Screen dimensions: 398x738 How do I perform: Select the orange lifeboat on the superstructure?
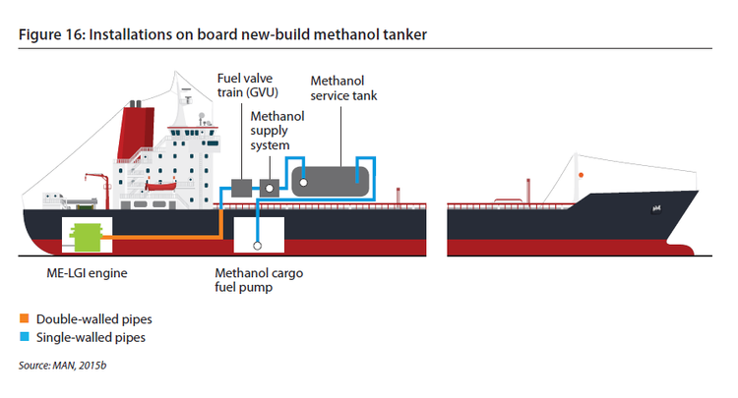point(161,187)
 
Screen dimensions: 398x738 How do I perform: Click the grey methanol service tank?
point(331,180)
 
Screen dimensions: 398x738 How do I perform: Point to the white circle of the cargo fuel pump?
point(257,247)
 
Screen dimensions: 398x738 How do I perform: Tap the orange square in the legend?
point(24,319)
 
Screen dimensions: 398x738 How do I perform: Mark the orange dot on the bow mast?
point(582,174)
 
